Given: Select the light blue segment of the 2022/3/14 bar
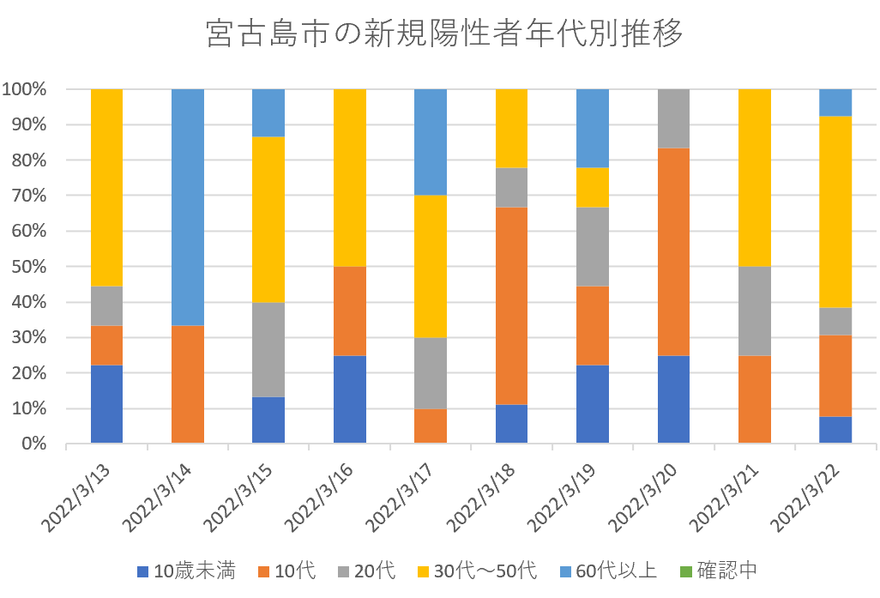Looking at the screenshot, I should pyautogui.click(x=188, y=207).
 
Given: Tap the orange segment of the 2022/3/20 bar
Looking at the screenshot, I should pyautogui.click(x=673, y=251).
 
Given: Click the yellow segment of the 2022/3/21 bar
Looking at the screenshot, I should pyautogui.click(x=754, y=178).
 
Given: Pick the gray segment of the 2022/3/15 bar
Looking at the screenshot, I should pyautogui.click(x=268, y=349).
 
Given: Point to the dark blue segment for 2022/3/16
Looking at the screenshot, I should pyautogui.click(x=350, y=399).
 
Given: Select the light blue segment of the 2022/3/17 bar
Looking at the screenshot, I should pyautogui.click(x=431, y=142).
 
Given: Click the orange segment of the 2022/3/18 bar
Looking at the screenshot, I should pyautogui.click(x=511, y=305).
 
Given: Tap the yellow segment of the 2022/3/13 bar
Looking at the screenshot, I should pyautogui.click(x=106, y=187).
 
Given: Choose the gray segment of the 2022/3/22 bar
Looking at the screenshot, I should pyautogui.click(x=835, y=321).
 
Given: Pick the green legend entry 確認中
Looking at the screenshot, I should pyautogui.click(x=716, y=571).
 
